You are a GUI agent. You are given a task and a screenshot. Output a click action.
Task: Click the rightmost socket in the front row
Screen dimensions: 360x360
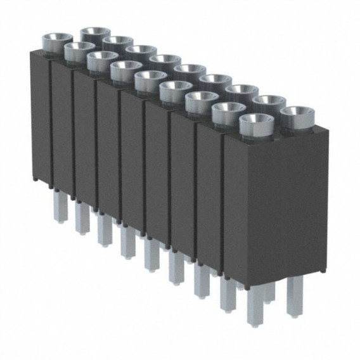tap(257, 123)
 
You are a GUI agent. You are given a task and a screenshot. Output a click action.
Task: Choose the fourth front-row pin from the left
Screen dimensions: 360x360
tap(127, 241)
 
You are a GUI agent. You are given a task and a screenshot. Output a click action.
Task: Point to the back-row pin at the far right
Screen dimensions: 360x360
tap(293, 295)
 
